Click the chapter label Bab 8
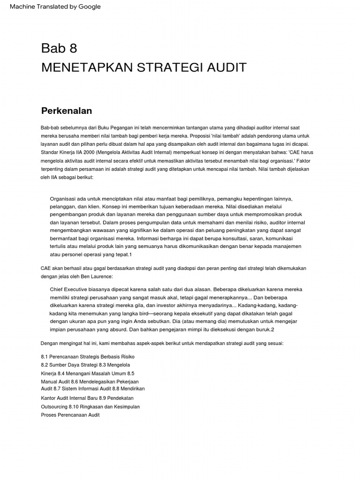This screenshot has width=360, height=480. [x=59, y=48]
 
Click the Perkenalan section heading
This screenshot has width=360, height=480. [x=67, y=111]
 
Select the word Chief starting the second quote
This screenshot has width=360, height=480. [x=58, y=289]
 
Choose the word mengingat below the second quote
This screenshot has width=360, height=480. [x=75, y=344]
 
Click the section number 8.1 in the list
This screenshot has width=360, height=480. [x=45, y=357]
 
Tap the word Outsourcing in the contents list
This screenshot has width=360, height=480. [x=54, y=406]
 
